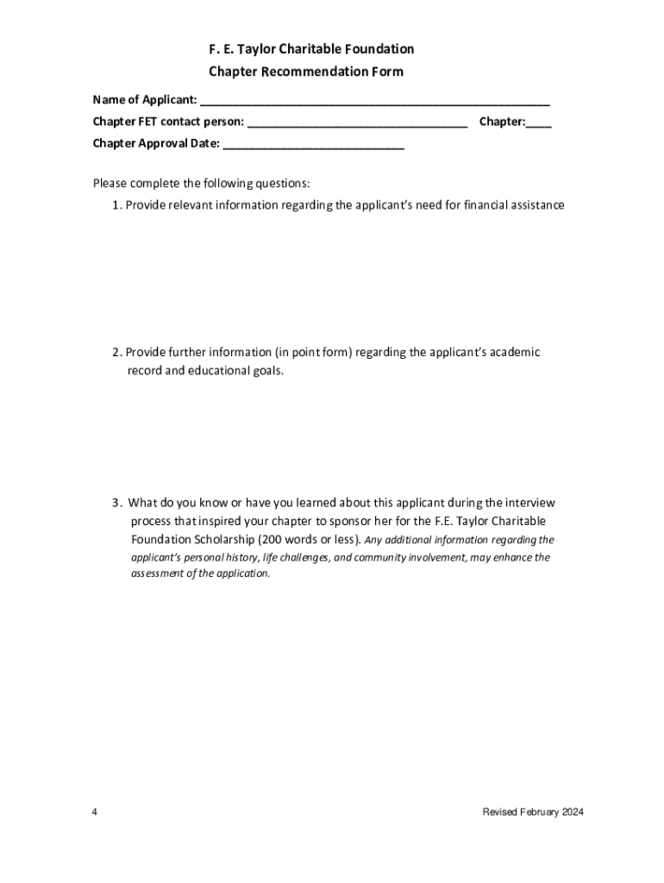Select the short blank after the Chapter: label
[x=539, y=124]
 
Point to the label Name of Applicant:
[x=145, y=100]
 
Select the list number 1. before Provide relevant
[x=116, y=205]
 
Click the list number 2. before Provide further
[x=116, y=352]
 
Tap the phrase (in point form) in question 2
[x=314, y=352]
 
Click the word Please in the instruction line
[x=110, y=184]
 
